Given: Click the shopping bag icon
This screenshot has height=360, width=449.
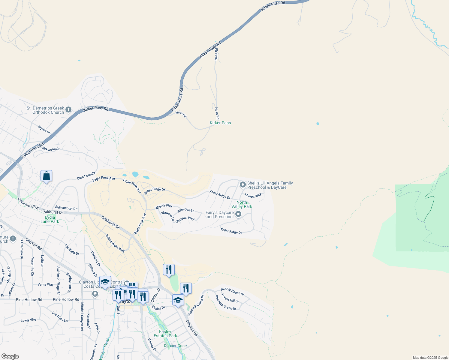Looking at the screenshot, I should (x=47, y=176).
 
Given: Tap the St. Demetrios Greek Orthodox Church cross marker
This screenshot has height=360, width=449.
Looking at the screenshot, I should (x=68, y=110).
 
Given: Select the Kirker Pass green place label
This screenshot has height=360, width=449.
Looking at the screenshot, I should (x=220, y=123).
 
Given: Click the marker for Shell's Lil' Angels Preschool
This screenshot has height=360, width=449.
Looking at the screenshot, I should (x=243, y=185).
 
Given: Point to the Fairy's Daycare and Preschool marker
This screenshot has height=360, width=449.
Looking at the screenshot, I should (x=238, y=214).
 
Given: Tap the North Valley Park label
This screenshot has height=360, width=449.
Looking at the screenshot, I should (x=242, y=204).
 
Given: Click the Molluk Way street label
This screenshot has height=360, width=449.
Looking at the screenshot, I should (x=253, y=196).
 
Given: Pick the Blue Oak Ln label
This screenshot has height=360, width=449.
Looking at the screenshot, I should (x=186, y=210).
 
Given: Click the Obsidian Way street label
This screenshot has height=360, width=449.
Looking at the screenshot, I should (x=185, y=219).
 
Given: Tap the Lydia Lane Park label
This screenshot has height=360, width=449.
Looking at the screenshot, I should (x=50, y=219).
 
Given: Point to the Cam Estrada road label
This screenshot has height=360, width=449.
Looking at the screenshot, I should (x=86, y=176).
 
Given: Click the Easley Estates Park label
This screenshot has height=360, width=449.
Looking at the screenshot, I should (x=165, y=334).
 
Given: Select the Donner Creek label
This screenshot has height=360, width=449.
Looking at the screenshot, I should (x=176, y=346).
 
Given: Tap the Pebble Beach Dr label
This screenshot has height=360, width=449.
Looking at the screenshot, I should (x=232, y=292).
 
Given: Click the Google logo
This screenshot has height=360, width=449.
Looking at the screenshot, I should (x=10, y=356).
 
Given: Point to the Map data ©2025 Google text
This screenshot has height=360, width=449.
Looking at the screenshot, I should (x=430, y=358).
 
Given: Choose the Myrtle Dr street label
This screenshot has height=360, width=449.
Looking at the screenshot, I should (x=44, y=130).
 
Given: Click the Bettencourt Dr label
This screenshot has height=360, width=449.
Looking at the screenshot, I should (x=66, y=208).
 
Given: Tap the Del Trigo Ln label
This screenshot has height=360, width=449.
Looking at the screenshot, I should (x=60, y=316).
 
